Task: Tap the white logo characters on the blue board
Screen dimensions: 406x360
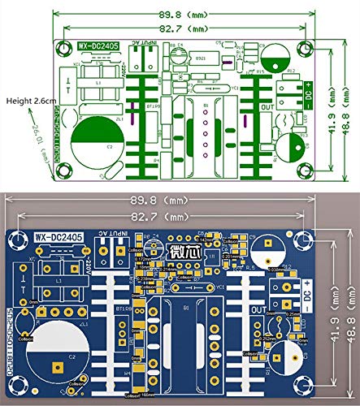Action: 181,250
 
